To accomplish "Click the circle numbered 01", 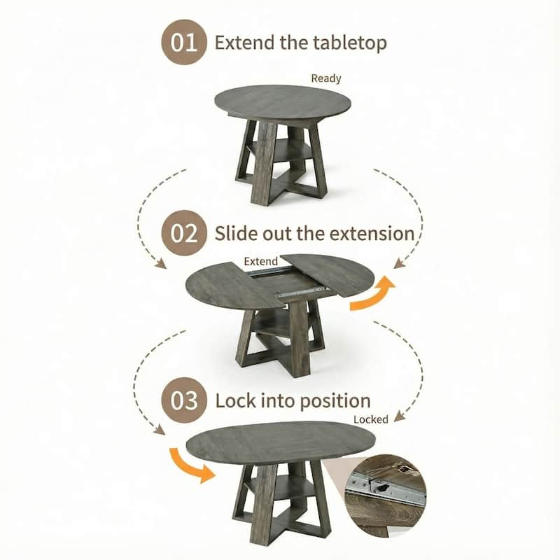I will pos(185,42).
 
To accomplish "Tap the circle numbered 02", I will pos(184,232).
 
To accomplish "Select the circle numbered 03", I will pos(184,401).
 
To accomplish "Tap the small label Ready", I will pos(326,78).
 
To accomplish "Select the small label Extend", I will pos(260,261).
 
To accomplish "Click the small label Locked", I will pos(371,419).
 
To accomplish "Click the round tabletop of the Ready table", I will pos(281,102).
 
